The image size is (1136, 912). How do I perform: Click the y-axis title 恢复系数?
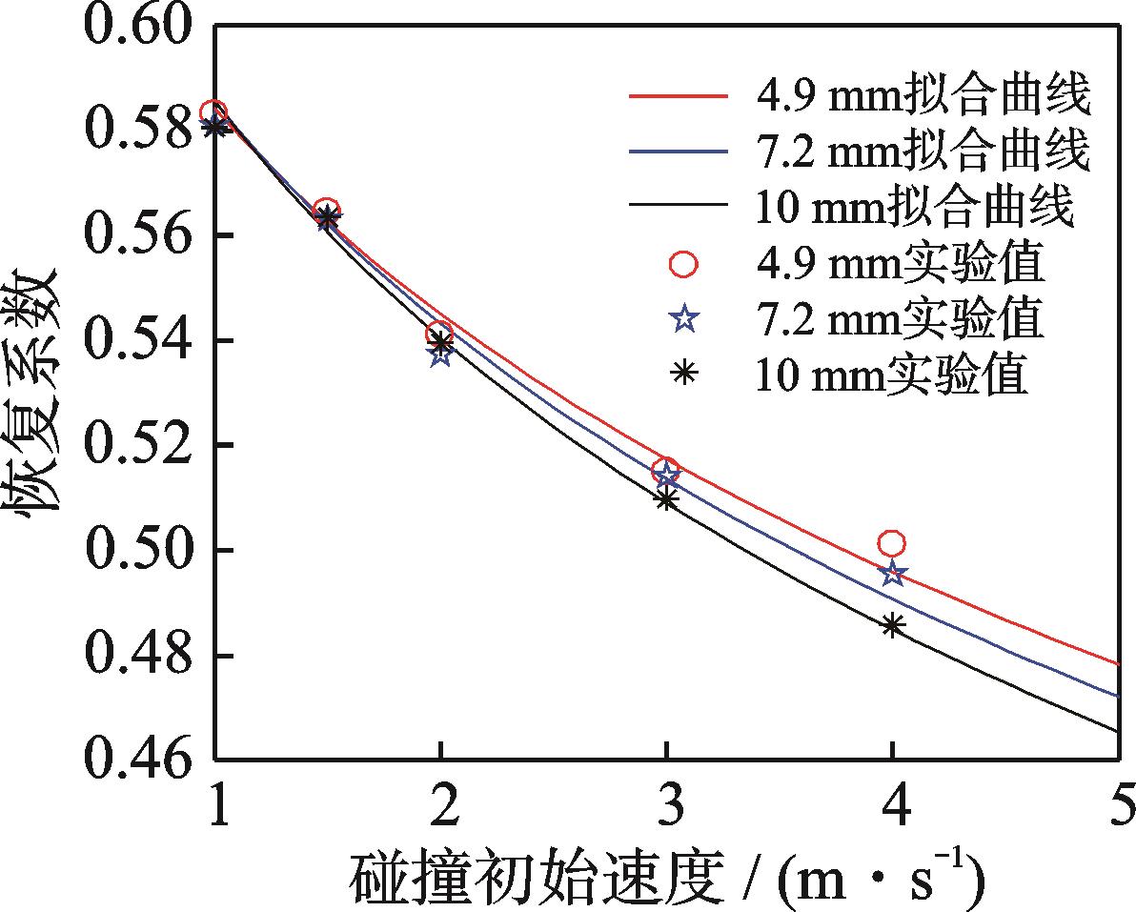point(35,392)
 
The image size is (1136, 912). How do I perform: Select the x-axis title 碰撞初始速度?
point(535,878)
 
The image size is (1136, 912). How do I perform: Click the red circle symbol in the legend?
point(683,263)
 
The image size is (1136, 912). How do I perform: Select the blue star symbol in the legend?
point(683,319)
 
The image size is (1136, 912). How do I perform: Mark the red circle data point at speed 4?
point(892,544)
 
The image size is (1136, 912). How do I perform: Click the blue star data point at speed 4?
point(892,574)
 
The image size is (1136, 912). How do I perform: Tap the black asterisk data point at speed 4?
point(892,626)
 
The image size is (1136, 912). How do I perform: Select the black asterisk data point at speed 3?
point(666,498)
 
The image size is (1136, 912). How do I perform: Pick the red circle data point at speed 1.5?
point(326,210)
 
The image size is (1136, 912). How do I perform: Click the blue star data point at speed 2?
point(439,355)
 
